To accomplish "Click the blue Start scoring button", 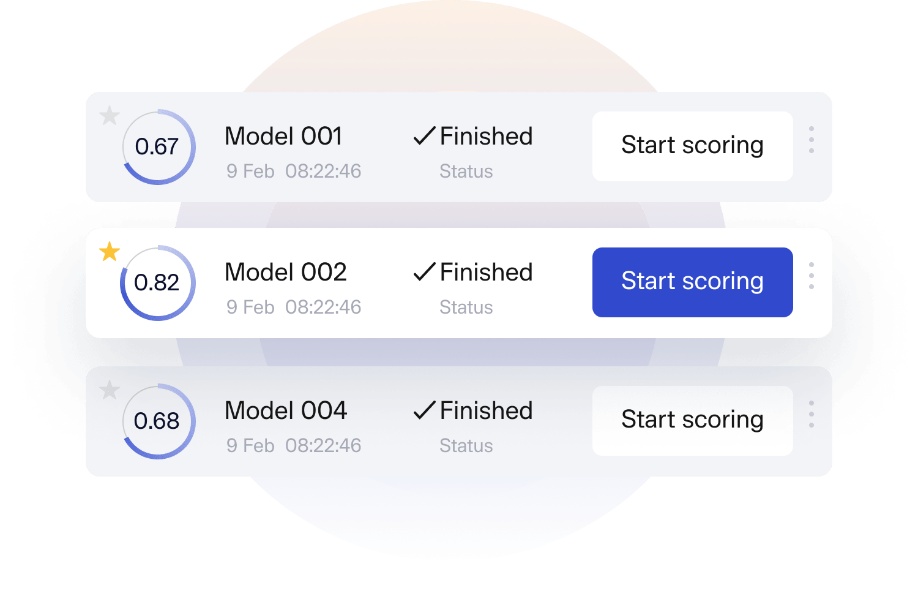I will (x=692, y=282).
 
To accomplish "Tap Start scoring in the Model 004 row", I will (x=692, y=420).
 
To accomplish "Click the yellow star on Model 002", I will (x=110, y=251).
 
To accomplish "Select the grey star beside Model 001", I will (x=110, y=115).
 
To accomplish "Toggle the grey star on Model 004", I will (x=110, y=390).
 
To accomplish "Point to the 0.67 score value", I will (x=157, y=147).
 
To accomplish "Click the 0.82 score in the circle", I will (x=157, y=283).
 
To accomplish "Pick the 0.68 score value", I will (x=157, y=421).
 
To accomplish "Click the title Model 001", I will (x=283, y=136).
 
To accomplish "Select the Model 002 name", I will (x=285, y=272).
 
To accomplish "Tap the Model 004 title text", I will (x=285, y=410).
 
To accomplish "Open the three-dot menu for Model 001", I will (x=812, y=140).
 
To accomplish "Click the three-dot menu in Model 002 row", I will (x=812, y=276).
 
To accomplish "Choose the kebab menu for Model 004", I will (x=812, y=414).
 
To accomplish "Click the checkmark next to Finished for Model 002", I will (x=424, y=271).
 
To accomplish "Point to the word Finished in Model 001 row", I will (x=486, y=136).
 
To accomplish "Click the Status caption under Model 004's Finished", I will (x=466, y=445).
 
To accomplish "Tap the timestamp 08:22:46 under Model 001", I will (x=323, y=171).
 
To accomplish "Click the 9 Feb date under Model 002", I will (x=250, y=307).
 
